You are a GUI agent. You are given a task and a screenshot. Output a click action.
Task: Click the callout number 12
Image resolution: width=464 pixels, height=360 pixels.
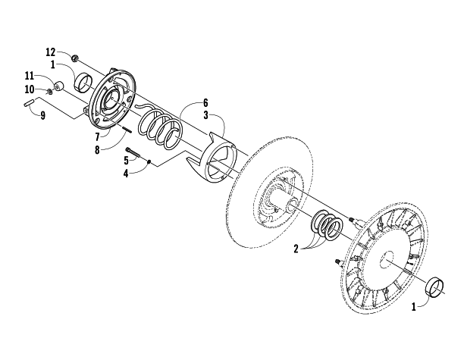tap(50, 52)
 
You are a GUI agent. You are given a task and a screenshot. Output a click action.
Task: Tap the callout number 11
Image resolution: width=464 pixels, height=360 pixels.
tap(30, 76)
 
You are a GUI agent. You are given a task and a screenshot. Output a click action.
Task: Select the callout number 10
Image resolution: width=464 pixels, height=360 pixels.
tap(30, 89)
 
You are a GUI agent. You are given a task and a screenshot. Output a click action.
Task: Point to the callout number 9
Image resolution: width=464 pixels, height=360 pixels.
tap(43, 116)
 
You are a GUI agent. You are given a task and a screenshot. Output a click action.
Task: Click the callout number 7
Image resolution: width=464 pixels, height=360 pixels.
tap(97, 137)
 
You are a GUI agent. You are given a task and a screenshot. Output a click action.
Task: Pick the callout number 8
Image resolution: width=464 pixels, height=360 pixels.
tap(97, 150)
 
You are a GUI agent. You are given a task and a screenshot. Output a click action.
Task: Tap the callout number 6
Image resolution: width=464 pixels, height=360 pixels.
tap(205, 103)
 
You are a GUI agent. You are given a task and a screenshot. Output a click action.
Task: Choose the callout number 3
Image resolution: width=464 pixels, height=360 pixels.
tap(205, 115)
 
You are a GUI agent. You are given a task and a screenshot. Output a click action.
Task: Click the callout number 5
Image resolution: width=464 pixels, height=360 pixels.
tap(127, 161)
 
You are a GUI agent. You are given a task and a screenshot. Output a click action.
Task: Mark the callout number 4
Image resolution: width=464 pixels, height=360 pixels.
tap(126, 174)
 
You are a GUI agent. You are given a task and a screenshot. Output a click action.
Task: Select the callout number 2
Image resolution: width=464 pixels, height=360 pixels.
tap(296, 249)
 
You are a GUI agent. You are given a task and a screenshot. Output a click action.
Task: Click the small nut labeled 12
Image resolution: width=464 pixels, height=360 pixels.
tap(75, 58)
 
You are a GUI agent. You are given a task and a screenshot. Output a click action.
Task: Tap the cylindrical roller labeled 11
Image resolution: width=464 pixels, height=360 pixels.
tap(59, 86)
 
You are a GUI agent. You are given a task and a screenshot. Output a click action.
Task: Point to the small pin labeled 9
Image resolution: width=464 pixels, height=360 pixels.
tap(29, 104)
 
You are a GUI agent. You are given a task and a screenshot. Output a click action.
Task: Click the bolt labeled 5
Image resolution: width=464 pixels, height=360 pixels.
tap(133, 152)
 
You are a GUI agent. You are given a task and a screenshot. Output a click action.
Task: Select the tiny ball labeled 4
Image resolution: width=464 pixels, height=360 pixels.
tap(149, 161)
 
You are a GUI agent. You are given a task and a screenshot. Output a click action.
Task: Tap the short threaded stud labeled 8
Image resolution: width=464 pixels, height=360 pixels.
tap(127, 130)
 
